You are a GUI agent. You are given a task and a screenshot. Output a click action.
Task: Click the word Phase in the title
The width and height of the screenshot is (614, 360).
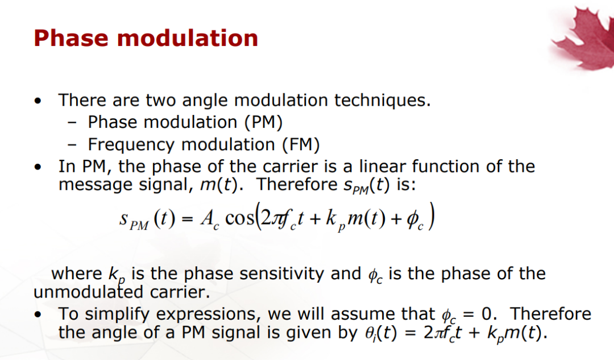(71, 38)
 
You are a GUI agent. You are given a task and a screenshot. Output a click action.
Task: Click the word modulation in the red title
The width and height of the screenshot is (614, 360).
(188, 38)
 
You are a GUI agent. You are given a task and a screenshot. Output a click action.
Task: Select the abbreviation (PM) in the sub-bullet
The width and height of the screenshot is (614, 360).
(264, 122)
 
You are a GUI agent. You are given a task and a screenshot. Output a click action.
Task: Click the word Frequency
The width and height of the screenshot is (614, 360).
(131, 145)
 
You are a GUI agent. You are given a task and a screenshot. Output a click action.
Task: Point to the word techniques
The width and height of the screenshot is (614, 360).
(382, 100)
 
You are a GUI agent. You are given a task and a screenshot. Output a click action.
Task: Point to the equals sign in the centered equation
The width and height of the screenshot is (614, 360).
(188, 218)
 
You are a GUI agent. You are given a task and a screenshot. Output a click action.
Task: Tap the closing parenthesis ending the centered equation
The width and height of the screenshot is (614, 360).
(431, 216)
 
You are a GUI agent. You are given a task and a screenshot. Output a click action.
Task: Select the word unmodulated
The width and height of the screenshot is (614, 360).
(89, 292)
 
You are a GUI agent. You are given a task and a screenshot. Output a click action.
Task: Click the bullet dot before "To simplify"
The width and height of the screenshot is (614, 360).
(38, 315)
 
